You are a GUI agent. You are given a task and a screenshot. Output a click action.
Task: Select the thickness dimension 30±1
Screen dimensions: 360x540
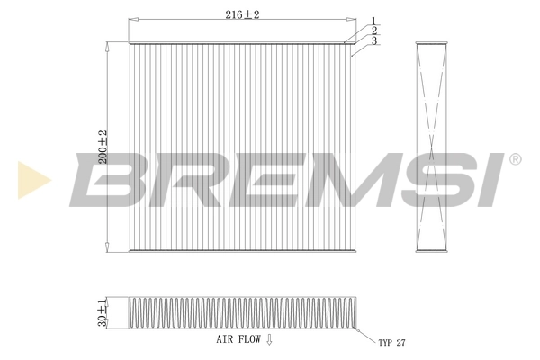coord(103,313)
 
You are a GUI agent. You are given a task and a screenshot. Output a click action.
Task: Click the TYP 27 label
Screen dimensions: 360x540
coord(392,343)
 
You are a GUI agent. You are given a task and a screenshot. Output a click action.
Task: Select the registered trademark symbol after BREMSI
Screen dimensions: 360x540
coord(514,159)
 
